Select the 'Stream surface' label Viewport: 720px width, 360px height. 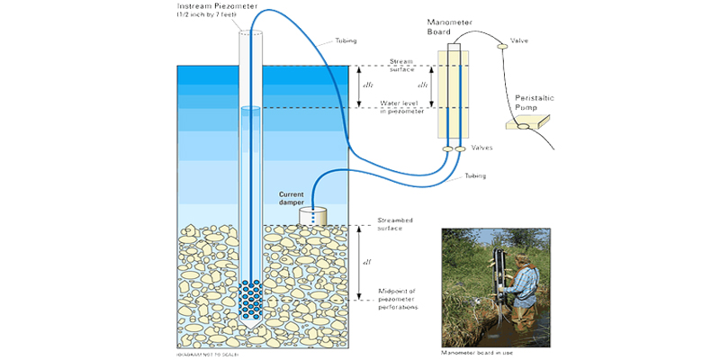coord(401,66)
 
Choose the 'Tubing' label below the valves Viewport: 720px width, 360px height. coord(474,176)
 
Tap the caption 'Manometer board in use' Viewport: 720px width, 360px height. coord(477,352)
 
